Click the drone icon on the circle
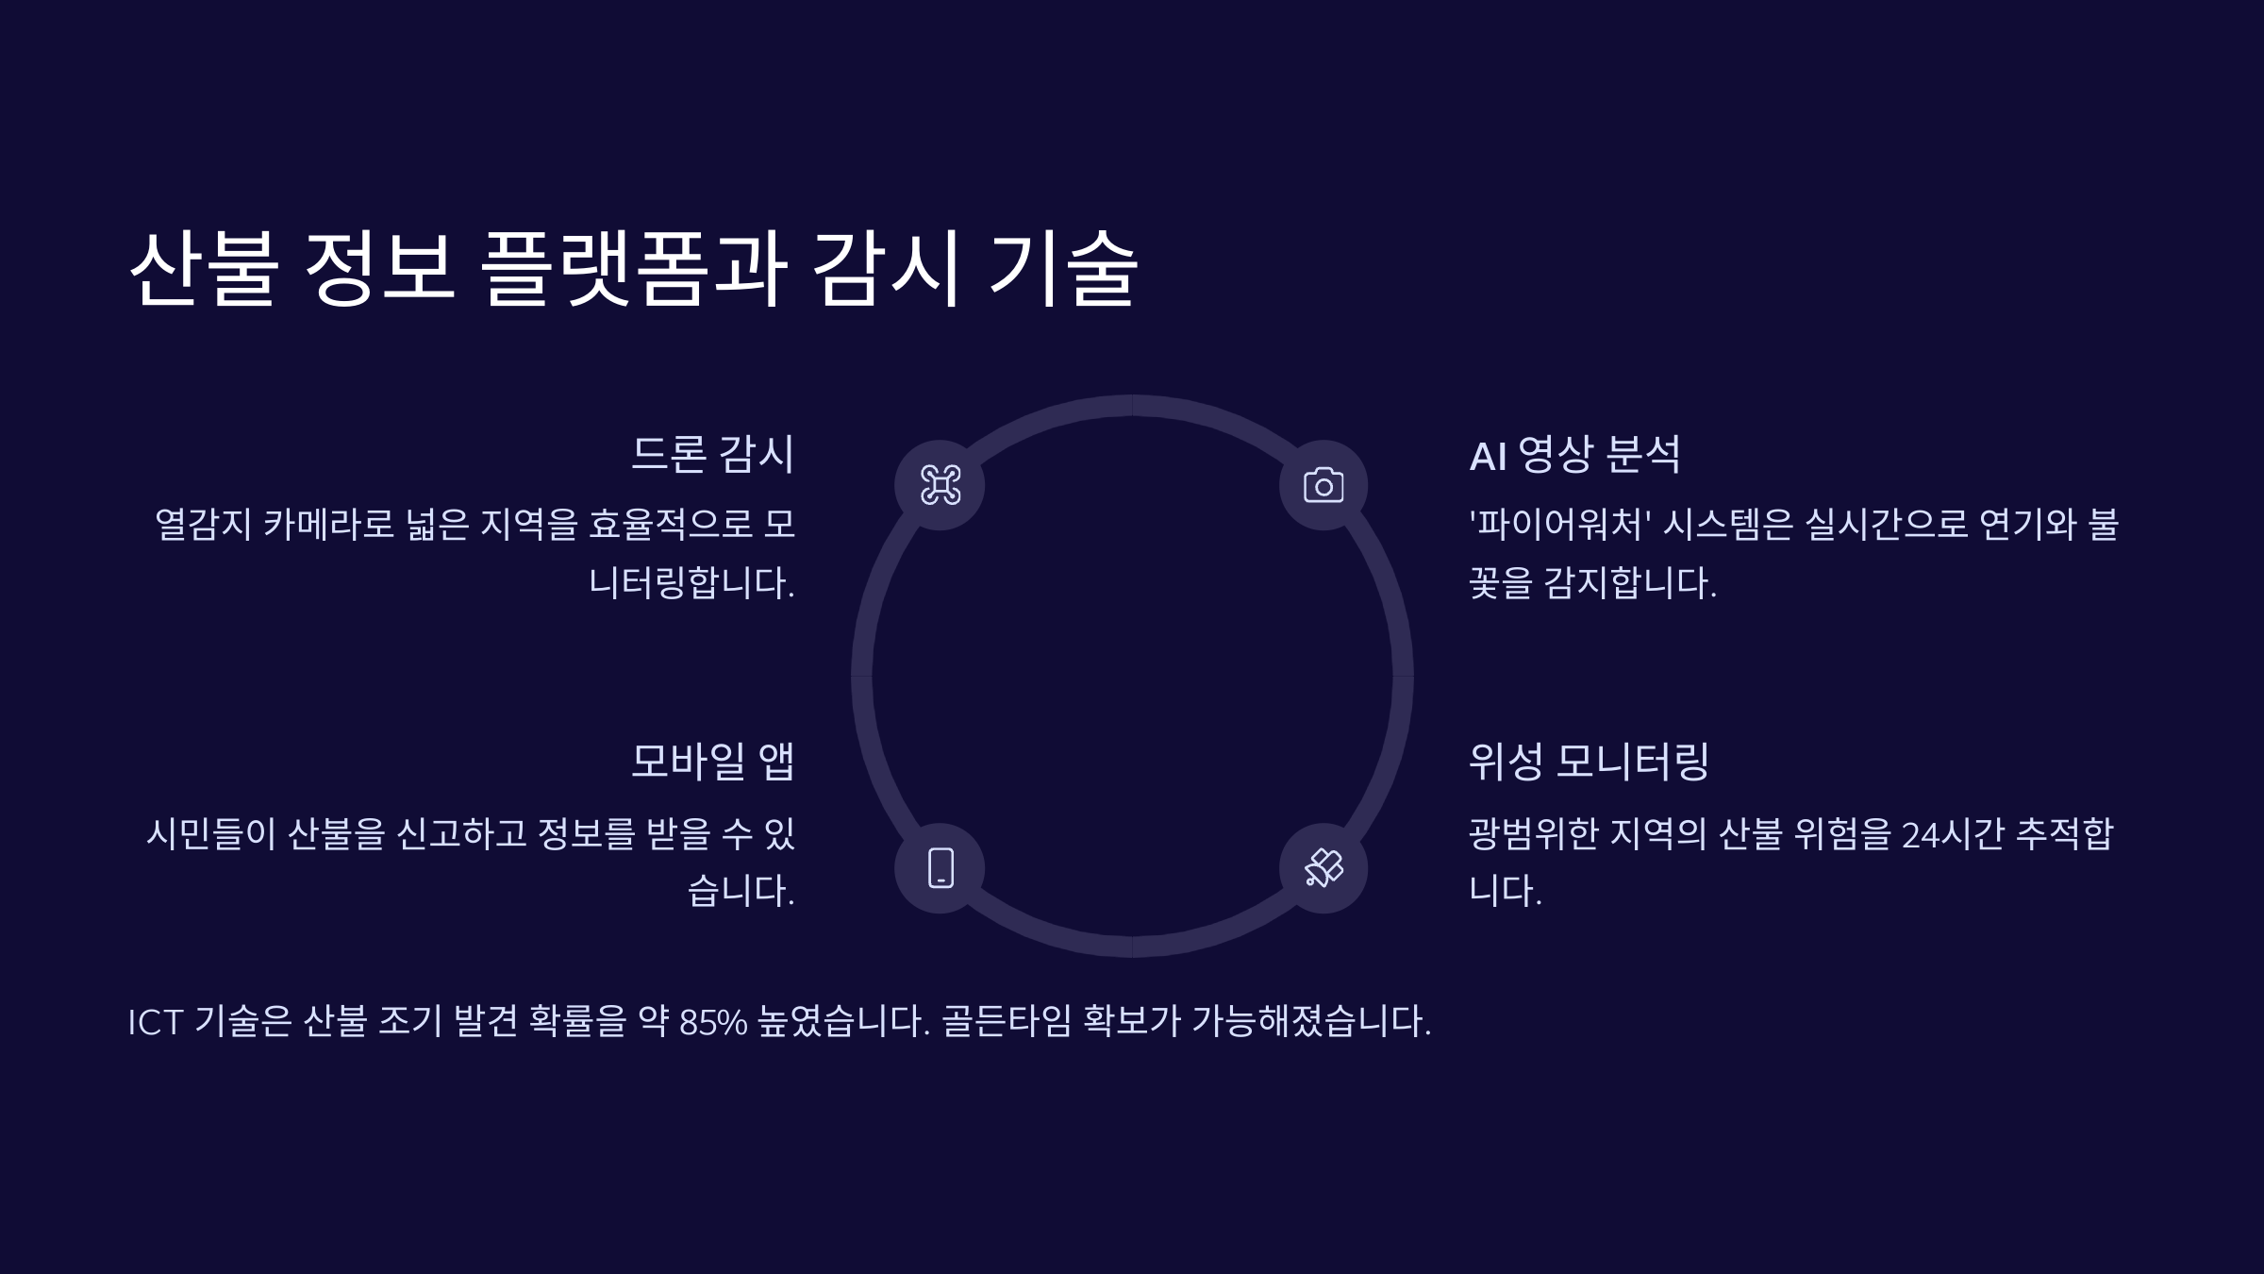click(940, 485)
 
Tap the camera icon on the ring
click(1323, 485)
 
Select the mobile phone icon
click(940, 868)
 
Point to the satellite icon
click(1323, 868)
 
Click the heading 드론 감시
click(712, 454)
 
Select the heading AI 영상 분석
click(1574, 454)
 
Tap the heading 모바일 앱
click(712, 762)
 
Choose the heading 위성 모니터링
click(1589, 762)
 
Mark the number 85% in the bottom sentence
click(712, 1021)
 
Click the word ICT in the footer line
click(155, 1021)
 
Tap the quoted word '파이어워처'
click(1559, 524)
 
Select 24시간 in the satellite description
click(1953, 834)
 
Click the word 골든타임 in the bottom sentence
click(1007, 1021)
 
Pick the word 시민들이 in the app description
click(210, 834)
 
